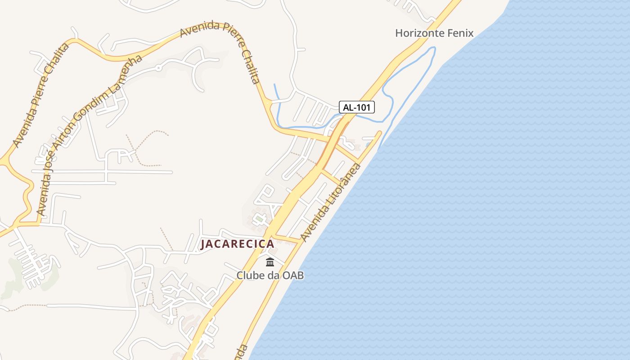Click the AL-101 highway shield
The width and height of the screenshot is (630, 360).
pos(356,107)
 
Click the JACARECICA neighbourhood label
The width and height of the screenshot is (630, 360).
pos(237,244)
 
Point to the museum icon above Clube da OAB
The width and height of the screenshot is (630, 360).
pos(270,261)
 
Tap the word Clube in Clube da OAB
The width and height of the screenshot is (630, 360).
pos(250,275)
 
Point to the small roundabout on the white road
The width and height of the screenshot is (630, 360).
pos(158,68)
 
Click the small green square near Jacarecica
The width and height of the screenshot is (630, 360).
pos(259,220)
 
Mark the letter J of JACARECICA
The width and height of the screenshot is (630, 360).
pos(203,244)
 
